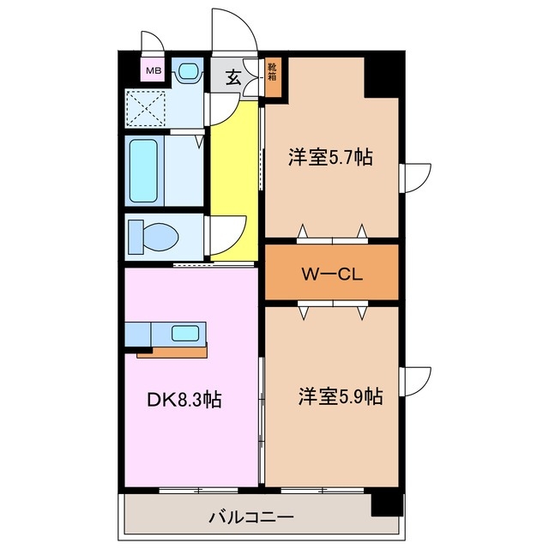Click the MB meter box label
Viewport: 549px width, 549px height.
coord(153,70)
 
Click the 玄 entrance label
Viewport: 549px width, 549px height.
coord(232,78)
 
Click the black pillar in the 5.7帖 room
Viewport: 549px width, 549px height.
coord(383,80)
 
